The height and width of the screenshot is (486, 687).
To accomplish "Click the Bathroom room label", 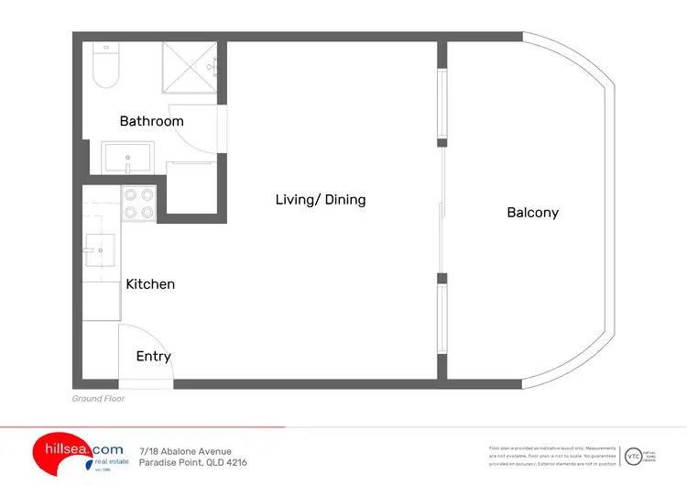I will (151, 121).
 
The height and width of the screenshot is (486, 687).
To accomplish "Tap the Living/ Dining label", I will (321, 199).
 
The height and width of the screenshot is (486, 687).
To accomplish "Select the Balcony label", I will (532, 213).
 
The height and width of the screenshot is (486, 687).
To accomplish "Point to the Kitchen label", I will (150, 284).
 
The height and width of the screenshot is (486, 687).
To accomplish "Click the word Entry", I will (153, 356).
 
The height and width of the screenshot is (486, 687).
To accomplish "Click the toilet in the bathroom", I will (106, 66).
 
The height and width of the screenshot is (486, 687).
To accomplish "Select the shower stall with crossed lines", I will (189, 70).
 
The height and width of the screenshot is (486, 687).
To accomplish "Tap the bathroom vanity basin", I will (128, 159).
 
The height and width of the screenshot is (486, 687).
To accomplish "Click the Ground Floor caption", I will (98, 399).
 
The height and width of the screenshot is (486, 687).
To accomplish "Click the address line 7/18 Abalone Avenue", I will (185, 450).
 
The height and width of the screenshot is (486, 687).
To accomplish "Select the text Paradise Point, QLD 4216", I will (192, 462).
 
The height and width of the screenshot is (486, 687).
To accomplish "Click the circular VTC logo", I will (633, 456).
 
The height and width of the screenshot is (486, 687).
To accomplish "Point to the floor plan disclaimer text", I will (552, 456).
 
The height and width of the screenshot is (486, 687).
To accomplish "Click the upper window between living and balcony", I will (442, 105).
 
